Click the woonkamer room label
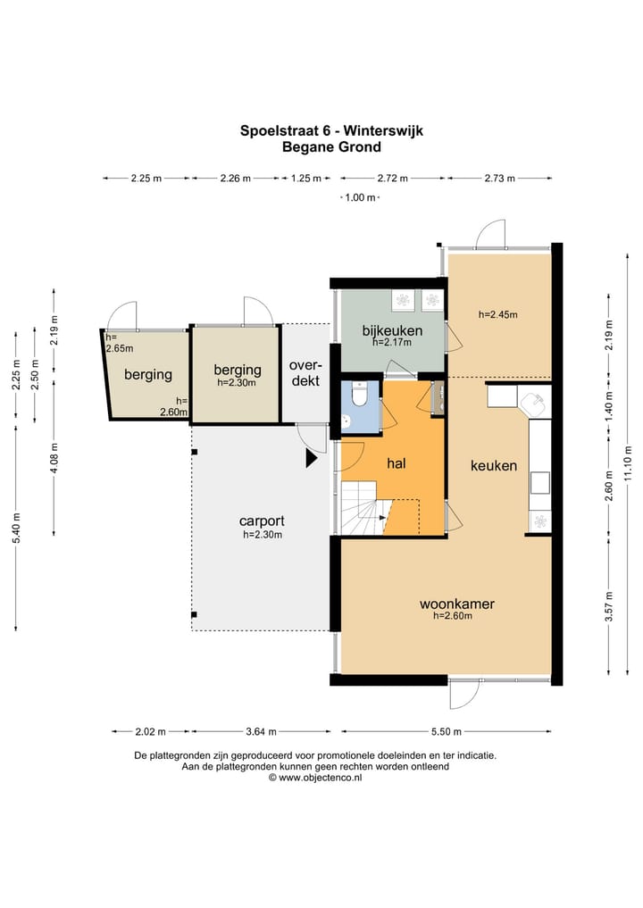tap(457, 604)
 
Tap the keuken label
tap(494, 465)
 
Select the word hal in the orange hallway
tap(397, 462)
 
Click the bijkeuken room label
tap(392, 330)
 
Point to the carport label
tap(262, 521)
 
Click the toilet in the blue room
tap(359, 393)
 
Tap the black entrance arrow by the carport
tap(312, 459)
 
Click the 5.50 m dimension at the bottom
tap(446, 731)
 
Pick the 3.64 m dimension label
tap(262, 731)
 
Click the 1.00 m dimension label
tap(360, 197)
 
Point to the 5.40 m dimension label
tap(17, 528)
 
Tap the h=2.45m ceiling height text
tap(497, 314)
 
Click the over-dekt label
tap(305, 373)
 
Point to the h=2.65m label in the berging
tap(119, 343)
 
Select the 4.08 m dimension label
tap(54, 457)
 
